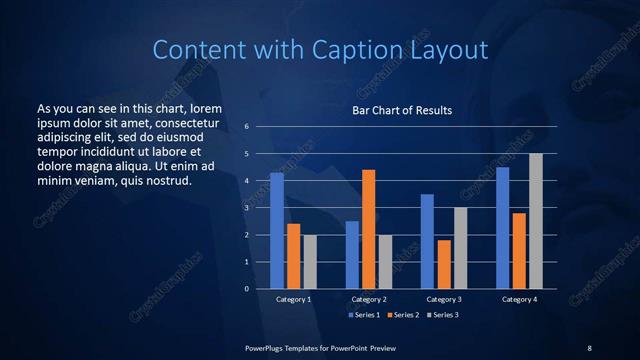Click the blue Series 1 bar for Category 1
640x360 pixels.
277,231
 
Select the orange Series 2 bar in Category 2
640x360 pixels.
368,229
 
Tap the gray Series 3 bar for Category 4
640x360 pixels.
536,221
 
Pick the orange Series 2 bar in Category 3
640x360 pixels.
444,264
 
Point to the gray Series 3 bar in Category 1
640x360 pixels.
310,262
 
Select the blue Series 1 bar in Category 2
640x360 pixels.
352,255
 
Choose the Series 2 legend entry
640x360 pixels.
402,315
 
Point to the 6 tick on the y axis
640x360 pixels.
246,127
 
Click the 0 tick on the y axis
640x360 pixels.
246,289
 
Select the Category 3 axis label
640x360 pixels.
443,299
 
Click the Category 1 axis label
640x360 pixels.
293,299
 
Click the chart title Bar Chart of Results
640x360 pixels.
402,110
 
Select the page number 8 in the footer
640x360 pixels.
589,347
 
